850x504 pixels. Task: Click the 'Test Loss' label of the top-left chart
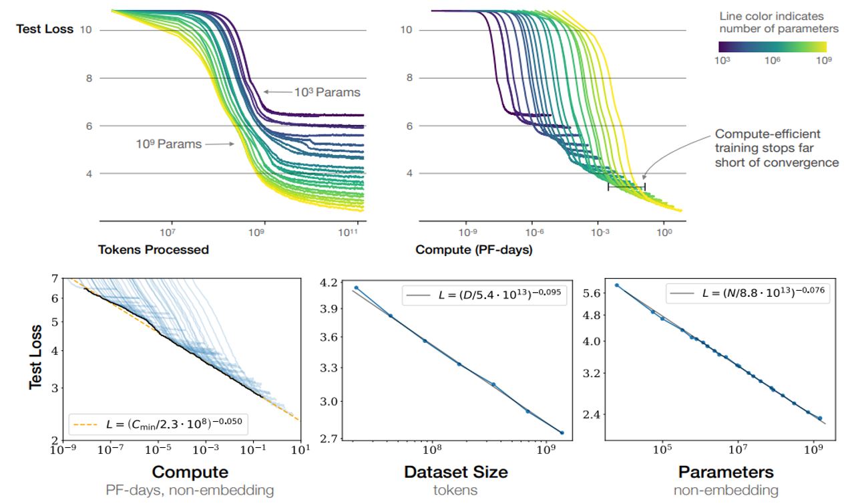coord(45,29)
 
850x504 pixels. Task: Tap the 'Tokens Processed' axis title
coord(154,250)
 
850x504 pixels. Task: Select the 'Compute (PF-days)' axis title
coord(473,250)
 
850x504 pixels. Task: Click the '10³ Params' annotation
coord(327,92)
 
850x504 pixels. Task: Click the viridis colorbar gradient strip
coord(773,47)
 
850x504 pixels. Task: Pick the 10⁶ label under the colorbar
coord(773,61)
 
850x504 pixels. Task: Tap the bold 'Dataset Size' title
coord(455,472)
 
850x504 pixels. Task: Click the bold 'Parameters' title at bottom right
coord(726,472)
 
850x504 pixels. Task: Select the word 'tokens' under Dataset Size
coord(455,490)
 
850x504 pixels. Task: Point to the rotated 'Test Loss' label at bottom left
coord(37,358)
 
